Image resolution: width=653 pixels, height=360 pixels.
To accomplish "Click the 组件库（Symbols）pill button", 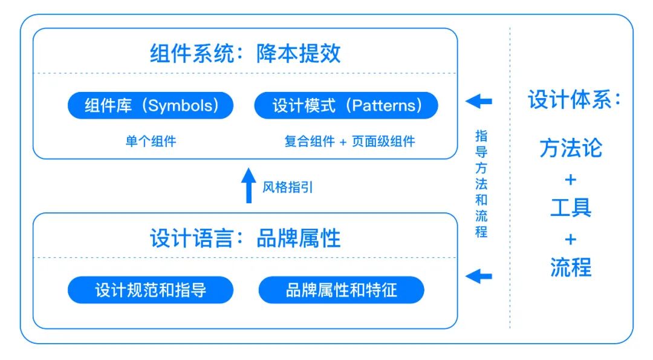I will [151, 106].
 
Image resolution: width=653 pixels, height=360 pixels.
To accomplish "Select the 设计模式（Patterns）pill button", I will [346, 106].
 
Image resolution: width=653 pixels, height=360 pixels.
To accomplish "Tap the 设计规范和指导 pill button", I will [151, 290].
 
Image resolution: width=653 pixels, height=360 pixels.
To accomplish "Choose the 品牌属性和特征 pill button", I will [342, 290].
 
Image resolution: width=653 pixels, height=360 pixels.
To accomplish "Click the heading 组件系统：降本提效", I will [245, 54].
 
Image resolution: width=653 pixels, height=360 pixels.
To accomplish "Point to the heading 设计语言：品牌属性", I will [245, 238].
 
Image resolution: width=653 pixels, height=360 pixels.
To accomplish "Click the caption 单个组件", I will [151, 142].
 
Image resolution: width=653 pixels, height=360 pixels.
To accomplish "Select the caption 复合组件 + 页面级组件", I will [349, 142].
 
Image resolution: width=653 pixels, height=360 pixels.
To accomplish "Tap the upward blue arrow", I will [249, 186].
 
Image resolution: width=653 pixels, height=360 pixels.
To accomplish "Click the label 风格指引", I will [288, 188].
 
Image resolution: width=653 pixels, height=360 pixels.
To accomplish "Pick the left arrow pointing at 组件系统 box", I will [479, 101].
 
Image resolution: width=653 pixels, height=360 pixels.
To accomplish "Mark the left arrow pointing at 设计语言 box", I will [479, 277].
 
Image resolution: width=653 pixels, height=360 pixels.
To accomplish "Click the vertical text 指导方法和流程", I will [481, 184].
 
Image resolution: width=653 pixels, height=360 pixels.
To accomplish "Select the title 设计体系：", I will [574, 100].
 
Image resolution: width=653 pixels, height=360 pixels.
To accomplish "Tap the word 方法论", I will [571, 148].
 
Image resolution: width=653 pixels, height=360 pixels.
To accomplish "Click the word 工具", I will [571, 208].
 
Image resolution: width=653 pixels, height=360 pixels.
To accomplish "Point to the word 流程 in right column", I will [571, 267].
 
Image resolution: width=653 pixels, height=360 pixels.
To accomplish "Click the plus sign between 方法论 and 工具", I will [571, 179].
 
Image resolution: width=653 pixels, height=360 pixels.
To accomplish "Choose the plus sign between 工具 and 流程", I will [571, 238].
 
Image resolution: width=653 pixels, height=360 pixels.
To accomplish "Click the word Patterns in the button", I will [388, 106].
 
